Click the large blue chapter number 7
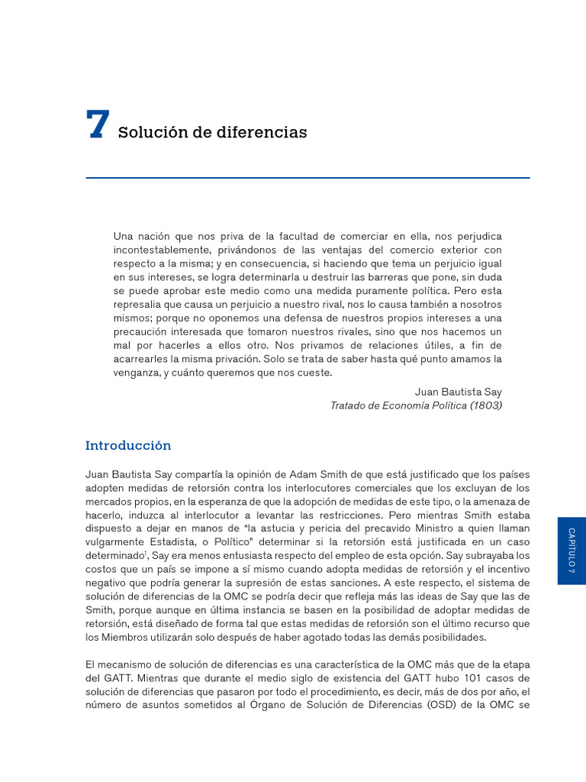pos(98,125)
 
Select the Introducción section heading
pos(128,445)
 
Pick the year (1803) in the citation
pos(485,406)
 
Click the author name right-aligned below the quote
pos(458,392)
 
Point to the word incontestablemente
pos(161,250)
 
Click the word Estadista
pos(168,542)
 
